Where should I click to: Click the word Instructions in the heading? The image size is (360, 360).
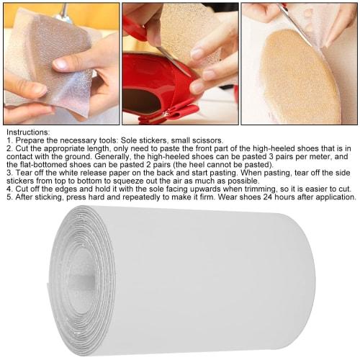click(x=26, y=132)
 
